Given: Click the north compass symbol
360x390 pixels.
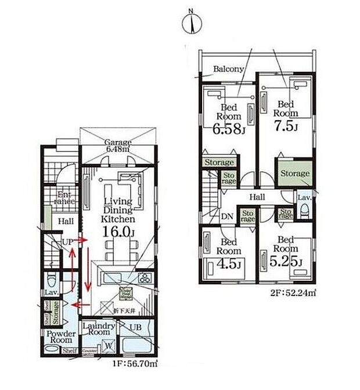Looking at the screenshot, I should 192,24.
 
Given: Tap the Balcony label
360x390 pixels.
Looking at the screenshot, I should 228,69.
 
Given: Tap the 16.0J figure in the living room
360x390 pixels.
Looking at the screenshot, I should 119,232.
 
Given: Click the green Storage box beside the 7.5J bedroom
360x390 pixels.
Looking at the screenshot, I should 295,174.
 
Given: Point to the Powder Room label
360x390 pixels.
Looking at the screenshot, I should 57,338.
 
